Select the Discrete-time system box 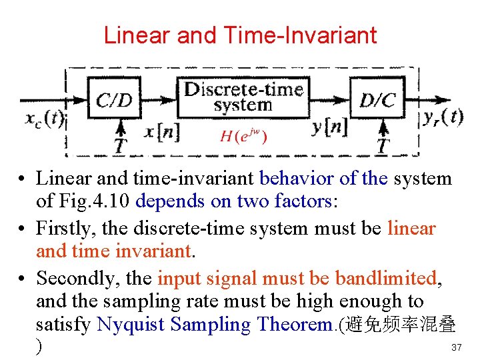point(243,97)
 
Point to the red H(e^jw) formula point(243,137)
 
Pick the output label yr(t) point(443,117)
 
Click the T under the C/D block point(121,145)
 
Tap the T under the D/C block point(383,145)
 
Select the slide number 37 point(457,347)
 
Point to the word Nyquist point(131,325)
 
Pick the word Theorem point(295,325)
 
